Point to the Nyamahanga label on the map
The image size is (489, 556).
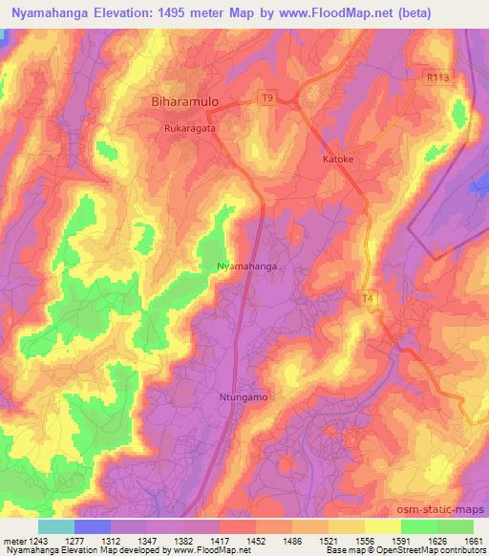pyautogui.click(x=246, y=267)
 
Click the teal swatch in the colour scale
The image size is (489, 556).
pyautogui.click(x=56, y=526)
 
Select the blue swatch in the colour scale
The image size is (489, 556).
pyautogui.click(x=93, y=526)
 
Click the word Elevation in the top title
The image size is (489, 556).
pyautogui.click(x=136, y=13)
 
